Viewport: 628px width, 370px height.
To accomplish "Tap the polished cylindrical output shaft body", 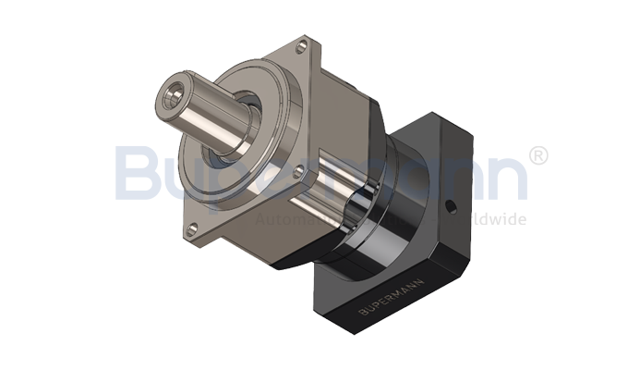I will (x=208, y=109).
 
